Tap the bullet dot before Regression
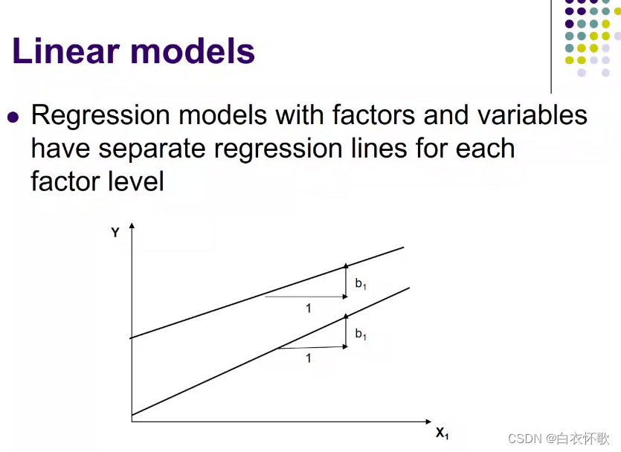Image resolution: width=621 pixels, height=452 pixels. click(12, 117)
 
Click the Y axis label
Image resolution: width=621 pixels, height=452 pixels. click(115, 233)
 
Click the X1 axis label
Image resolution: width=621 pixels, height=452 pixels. click(442, 433)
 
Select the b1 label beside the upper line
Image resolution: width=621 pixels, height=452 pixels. click(361, 283)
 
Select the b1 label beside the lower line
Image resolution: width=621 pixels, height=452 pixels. click(361, 335)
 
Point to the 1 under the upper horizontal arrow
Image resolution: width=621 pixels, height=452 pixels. click(309, 309)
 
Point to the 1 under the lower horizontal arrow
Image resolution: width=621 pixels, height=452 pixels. click(309, 358)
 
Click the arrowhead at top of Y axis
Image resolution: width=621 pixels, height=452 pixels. click(132, 225)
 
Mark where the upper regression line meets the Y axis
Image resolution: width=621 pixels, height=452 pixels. click(132, 338)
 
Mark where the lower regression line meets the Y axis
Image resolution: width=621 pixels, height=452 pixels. click(132, 415)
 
